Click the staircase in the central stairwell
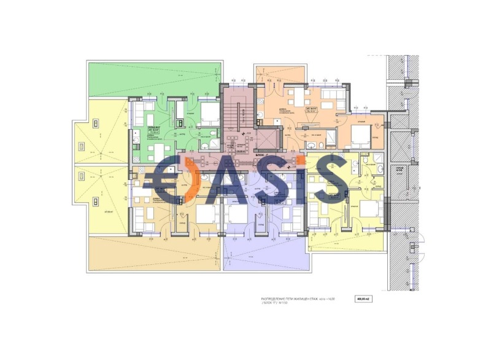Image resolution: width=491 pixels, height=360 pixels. click(232, 114)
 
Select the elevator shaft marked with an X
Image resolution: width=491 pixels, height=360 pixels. click(268, 140)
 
